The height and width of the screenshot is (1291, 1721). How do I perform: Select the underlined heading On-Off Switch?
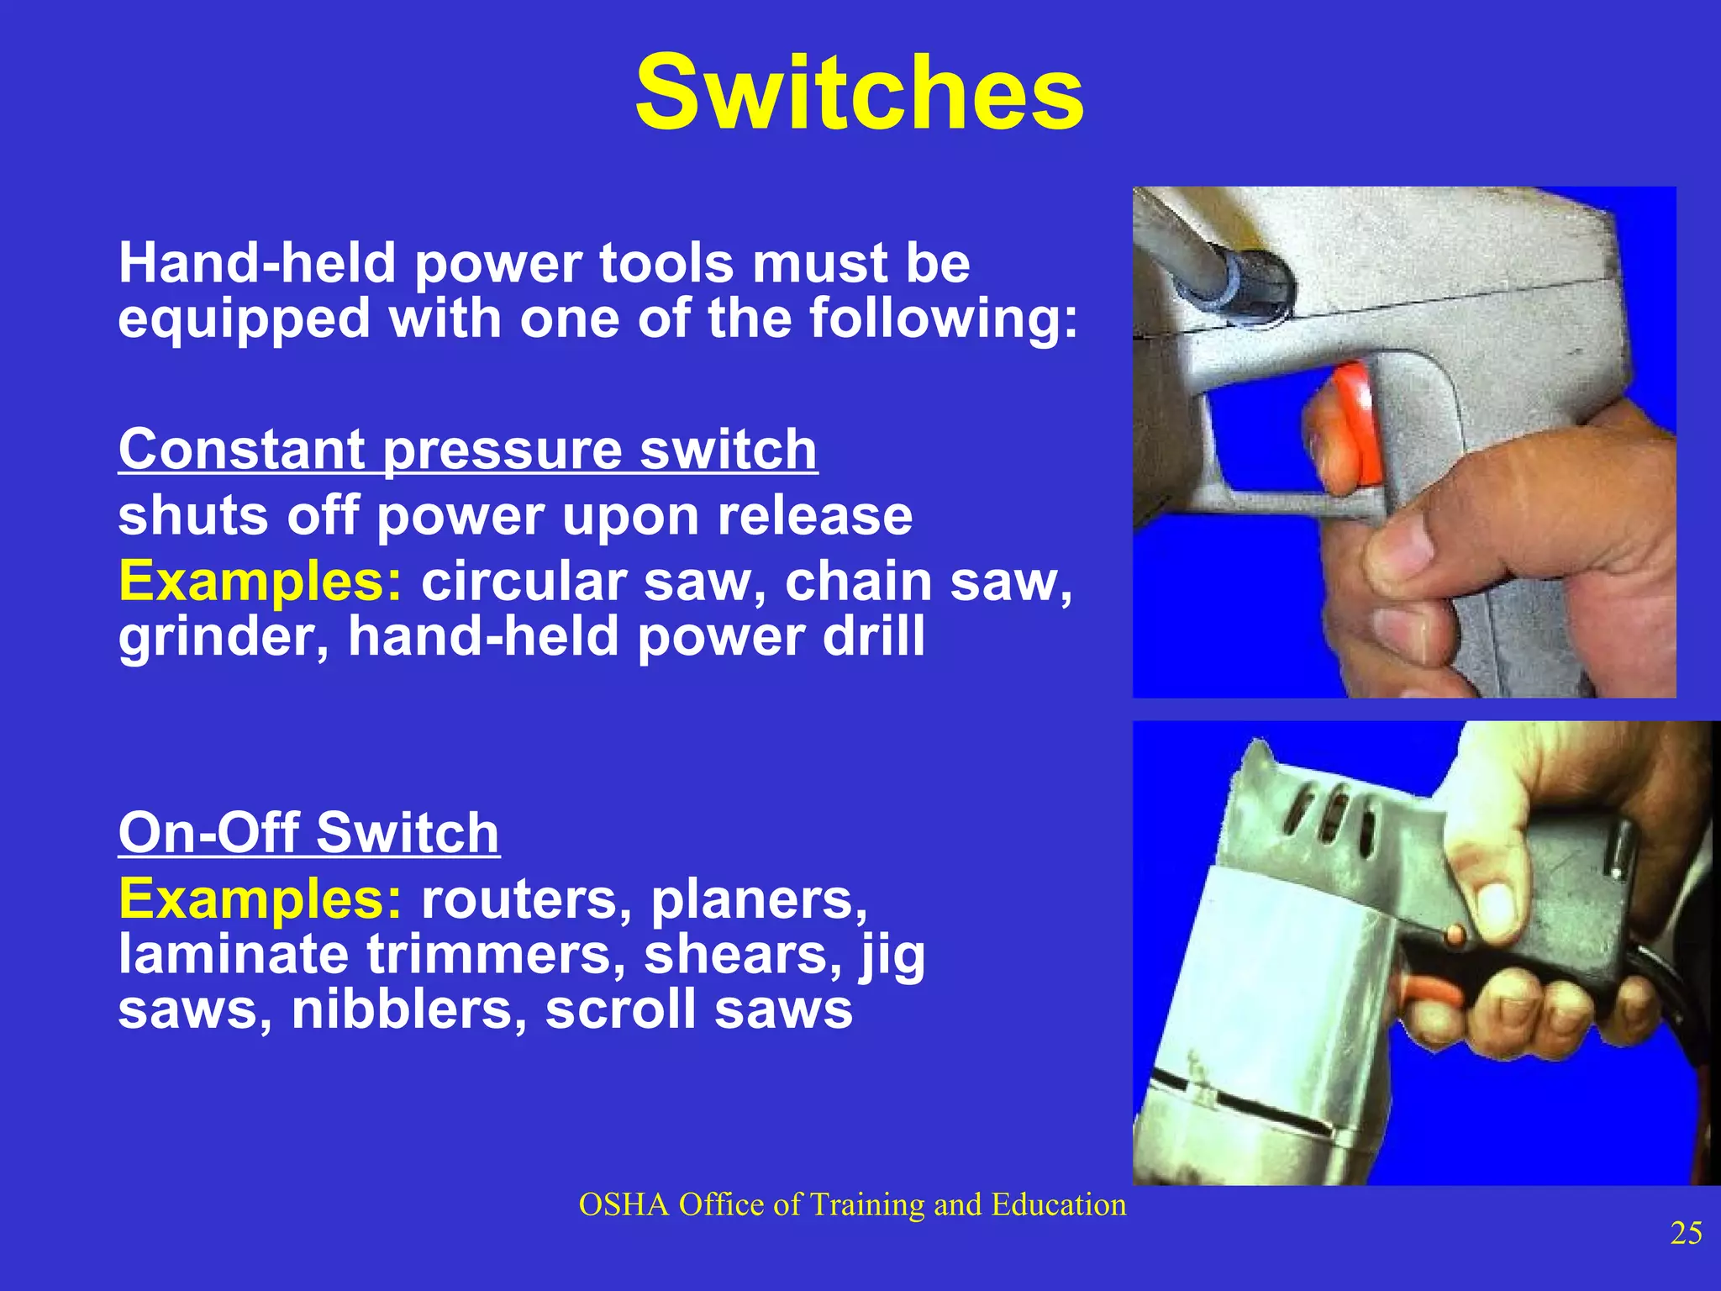coord(308,833)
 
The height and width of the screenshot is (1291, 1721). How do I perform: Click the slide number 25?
coord(1686,1233)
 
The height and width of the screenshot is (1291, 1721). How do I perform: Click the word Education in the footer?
coord(1058,1205)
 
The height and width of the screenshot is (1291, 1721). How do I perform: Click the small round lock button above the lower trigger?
coord(1455,935)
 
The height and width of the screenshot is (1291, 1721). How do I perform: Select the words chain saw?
coord(928,581)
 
